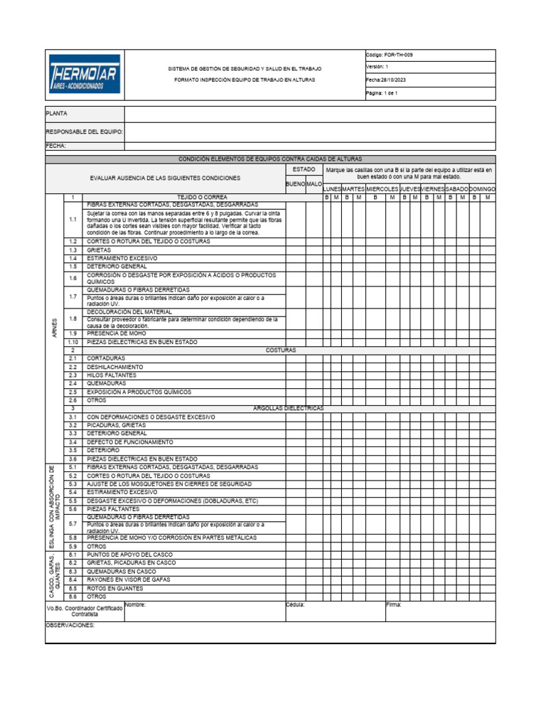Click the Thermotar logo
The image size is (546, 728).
pos(85,75)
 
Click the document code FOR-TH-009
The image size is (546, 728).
pos(389,55)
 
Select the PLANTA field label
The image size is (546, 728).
pos(57,113)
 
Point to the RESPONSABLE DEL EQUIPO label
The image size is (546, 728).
pos(85,132)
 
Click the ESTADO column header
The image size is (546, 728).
pos(304,170)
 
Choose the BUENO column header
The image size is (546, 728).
pos(295,183)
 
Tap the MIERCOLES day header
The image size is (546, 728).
pos(382,188)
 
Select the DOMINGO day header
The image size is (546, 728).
pos(482,188)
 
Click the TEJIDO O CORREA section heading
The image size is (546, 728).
pos(203,196)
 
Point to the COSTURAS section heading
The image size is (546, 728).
pos(281,350)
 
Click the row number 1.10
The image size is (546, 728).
pos(73,342)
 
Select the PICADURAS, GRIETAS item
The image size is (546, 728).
pos(117,425)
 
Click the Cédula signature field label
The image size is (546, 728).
pos(295,605)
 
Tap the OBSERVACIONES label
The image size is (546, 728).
pos(70,626)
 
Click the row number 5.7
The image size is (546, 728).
pos(73,523)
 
